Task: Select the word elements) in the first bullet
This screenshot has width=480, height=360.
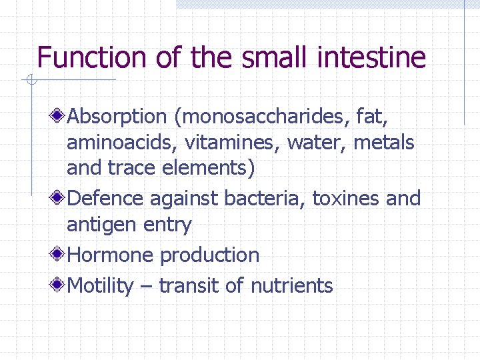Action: [209, 168]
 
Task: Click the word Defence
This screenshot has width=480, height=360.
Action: [106, 199]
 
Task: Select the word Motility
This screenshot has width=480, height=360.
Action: [101, 286]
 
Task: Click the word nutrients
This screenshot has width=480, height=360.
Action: [291, 286]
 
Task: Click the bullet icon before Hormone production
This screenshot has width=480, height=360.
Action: [59, 254]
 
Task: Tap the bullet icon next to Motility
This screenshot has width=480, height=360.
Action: [59, 285]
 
